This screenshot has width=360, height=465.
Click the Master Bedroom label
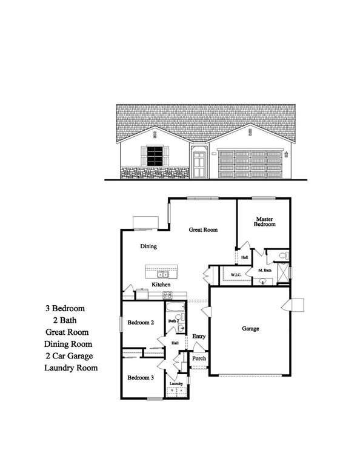coord(265,222)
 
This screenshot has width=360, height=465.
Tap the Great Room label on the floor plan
coord(203,229)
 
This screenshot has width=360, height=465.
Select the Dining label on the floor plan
coord(148,246)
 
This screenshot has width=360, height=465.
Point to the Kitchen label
coord(161,285)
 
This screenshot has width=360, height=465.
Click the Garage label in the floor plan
coord(250,329)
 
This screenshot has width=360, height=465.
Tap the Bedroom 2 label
coord(141,323)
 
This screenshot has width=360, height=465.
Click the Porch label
coord(199,358)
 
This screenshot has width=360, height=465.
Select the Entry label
coord(199,337)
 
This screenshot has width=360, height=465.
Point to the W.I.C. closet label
coord(236,275)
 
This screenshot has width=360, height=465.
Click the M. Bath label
coord(264,270)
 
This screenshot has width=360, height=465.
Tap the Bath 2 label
coord(174,320)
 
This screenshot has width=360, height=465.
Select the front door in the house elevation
coord(199,164)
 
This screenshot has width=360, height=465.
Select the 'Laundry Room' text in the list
coord(71,368)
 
